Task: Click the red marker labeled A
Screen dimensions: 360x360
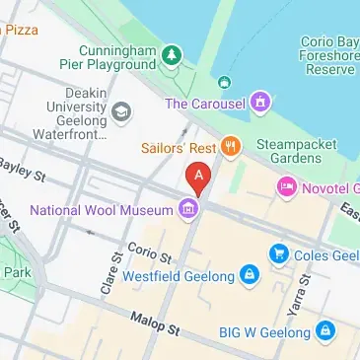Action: (198, 178)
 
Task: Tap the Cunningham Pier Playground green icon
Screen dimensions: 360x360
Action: (173, 52)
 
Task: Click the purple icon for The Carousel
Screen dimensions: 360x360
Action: (259, 101)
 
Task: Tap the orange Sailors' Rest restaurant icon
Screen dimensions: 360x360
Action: (231, 147)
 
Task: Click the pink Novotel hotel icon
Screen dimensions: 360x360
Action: (287, 185)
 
